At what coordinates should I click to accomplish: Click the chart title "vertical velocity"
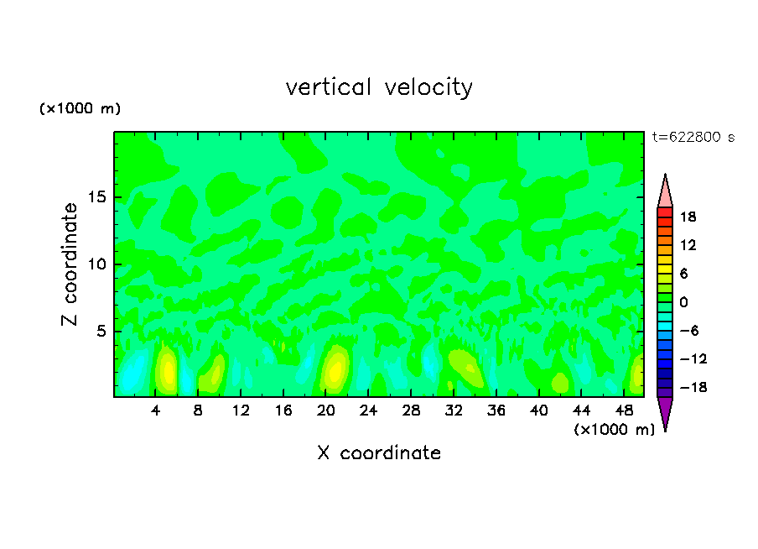pyautogui.click(x=379, y=87)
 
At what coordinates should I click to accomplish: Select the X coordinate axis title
pyautogui.click(x=379, y=453)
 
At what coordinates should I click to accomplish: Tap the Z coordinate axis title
pyautogui.click(x=70, y=264)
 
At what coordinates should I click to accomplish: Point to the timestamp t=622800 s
pyautogui.click(x=693, y=138)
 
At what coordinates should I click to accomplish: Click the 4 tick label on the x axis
pyautogui.click(x=156, y=410)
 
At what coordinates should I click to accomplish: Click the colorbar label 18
pyautogui.click(x=688, y=217)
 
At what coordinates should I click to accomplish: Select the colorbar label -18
pyautogui.click(x=684, y=388)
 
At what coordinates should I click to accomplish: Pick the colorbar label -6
pyautogui.click(x=688, y=331)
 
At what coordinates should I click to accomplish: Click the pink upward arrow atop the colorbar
pyautogui.click(x=665, y=191)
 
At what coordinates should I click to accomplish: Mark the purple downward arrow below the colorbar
pyautogui.click(x=665, y=412)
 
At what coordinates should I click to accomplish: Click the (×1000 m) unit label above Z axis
pyautogui.click(x=80, y=109)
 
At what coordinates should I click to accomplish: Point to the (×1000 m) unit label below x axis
pyautogui.click(x=614, y=429)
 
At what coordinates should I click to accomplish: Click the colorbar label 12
pyautogui.click(x=688, y=245)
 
